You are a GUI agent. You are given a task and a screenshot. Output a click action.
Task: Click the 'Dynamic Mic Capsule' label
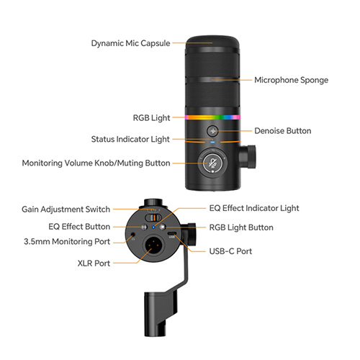point(130,43)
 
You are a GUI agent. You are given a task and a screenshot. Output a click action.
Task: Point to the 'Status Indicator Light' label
point(131,139)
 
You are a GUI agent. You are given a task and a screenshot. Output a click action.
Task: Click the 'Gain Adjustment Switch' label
point(66,210)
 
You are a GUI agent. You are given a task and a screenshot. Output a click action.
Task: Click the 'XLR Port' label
point(92,264)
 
